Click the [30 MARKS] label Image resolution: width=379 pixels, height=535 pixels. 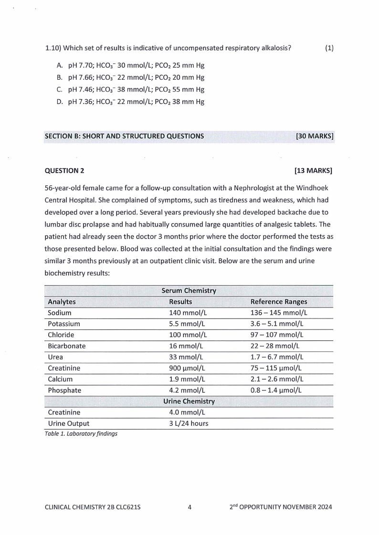tap(315, 136)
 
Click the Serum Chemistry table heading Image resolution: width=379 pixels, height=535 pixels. tap(189, 290)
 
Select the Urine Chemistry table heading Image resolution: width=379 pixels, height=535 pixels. tap(189, 401)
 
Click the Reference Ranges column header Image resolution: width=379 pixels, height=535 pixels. tap(279, 302)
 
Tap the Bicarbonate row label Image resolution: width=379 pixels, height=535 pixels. tap(67, 346)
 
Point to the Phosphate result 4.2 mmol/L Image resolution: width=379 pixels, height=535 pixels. tap(187, 391)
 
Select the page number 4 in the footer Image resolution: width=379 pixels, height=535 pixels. tap(189, 507)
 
